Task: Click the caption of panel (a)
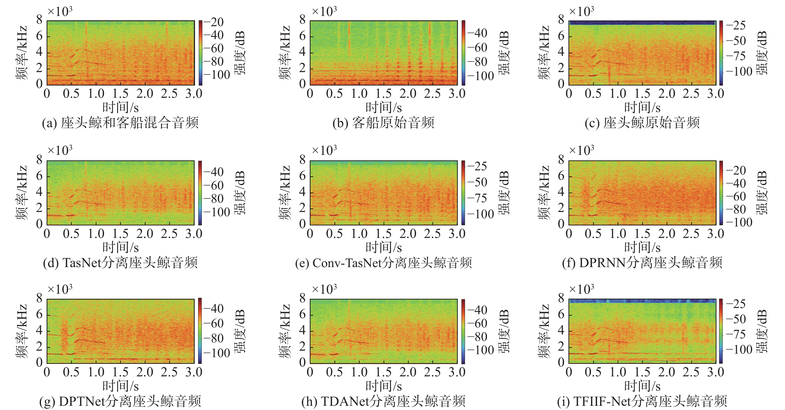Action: pos(120,123)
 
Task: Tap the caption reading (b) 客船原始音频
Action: pos(383,123)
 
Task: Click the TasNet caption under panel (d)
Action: pos(120,263)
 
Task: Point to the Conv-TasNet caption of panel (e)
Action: pos(383,263)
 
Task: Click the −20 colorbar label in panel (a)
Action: pos(214,22)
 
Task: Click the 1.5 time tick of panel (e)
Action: pos(383,234)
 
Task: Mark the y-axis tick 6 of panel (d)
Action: pos(39,176)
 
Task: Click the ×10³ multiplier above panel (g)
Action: pos(60,289)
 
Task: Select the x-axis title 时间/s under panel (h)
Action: pos(383,386)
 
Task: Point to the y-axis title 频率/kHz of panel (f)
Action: pos(544,193)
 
